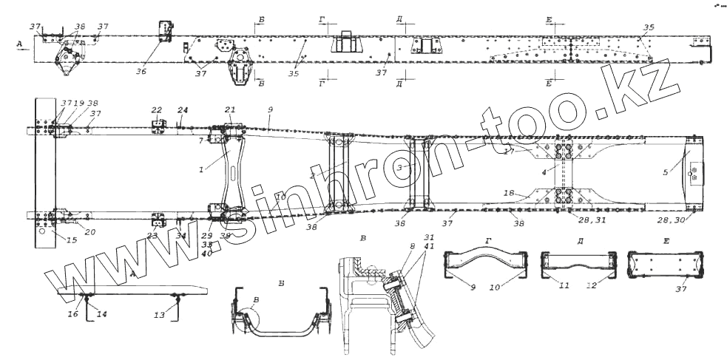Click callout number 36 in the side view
(141, 72)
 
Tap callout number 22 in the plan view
(156, 110)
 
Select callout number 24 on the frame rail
(183, 110)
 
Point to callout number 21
(229, 110)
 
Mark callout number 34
(181, 237)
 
